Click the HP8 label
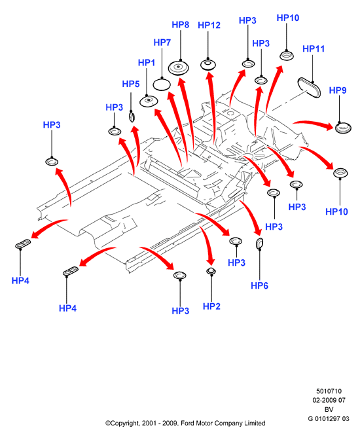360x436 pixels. tap(181, 25)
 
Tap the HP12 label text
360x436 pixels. tap(209, 26)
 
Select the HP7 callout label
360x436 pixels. tap(162, 43)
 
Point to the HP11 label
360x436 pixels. tap(314, 48)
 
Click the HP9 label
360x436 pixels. tap(338, 90)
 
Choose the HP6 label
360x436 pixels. tap(259, 285)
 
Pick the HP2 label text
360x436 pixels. tap(211, 306)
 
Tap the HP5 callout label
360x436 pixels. tap(131, 84)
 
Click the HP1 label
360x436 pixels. tap(147, 63)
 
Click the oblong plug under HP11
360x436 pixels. tap(309, 88)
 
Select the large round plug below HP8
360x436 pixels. tap(179, 67)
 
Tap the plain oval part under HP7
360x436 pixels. tap(162, 84)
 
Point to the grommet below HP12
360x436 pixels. tap(208, 65)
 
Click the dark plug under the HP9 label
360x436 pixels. tap(342, 128)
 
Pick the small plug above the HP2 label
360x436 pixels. tap(211, 271)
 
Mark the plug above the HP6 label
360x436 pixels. tap(259, 244)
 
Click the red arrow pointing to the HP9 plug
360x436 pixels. tap(314, 124)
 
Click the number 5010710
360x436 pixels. tap(329, 391)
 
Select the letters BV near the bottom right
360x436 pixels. tap(329, 410)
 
